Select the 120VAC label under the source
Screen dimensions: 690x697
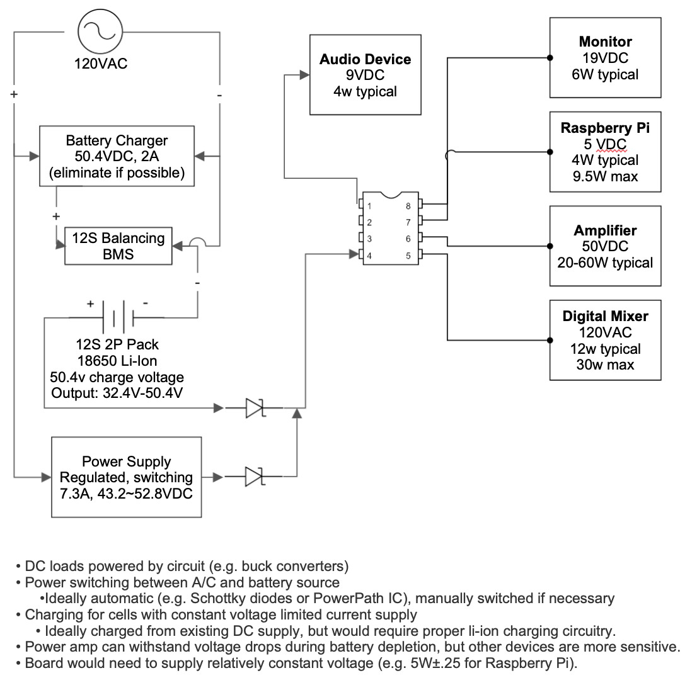tap(101, 64)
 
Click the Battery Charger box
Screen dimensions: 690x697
tap(117, 156)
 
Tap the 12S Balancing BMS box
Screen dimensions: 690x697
tap(118, 246)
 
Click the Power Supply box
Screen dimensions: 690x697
tap(126, 477)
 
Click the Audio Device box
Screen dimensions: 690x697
tap(365, 75)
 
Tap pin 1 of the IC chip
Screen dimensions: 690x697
tap(360, 205)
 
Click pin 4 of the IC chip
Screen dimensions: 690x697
tap(360, 255)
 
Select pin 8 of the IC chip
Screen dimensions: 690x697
tap(419, 205)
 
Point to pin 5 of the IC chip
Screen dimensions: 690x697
tap(419, 255)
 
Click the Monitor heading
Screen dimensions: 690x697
tap(605, 42)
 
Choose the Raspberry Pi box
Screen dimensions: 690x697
tap(605, 152)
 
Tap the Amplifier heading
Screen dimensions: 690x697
tap(605, 230)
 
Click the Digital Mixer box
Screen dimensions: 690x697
tap(605, 341)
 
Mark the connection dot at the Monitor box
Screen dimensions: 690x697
tap(550, 58)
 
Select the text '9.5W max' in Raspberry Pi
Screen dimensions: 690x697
tap(605, 176)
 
